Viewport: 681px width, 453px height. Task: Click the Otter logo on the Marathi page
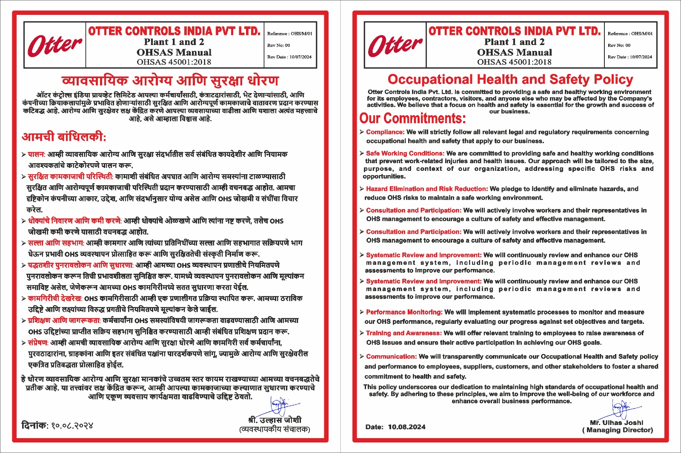[x=54, y=45]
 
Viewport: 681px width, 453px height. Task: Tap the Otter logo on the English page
[x=395, y=45]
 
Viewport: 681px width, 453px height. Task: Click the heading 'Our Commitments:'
[x=412, y=118]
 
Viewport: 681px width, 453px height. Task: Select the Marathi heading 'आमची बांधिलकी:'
[x=64, y=137]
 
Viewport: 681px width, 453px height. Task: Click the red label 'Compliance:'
[x=385, y=132]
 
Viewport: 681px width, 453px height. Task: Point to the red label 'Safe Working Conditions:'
[x=405, y=153]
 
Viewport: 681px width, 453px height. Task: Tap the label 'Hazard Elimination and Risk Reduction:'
[x=426, y=189]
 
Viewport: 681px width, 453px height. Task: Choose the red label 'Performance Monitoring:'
[x=404, y=312]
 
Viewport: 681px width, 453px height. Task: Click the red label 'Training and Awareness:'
[x=403, y=333]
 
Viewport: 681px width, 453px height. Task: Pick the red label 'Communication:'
[x=391, y=357]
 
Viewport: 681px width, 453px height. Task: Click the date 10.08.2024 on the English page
[x=406, y=427]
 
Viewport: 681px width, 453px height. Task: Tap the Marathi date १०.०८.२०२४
[x=72, y=425]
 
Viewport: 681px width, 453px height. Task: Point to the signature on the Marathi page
[x=281, y=406]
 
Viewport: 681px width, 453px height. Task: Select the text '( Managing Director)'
[x=617, y=430]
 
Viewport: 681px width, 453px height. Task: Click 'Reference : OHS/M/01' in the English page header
[x=630, y=34]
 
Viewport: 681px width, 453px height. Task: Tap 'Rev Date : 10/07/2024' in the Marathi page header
[x=289, y=57]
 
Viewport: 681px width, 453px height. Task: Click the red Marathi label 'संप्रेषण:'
[x=38, y=343]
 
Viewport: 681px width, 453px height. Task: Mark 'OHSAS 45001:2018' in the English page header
[x=514, y=62]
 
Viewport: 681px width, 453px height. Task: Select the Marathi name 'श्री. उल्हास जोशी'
[x=275, y=420]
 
